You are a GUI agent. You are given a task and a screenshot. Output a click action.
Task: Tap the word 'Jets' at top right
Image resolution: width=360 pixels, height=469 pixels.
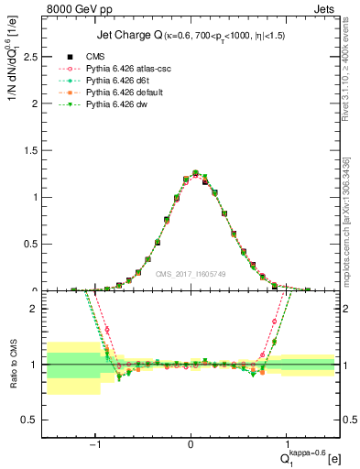(325, 11)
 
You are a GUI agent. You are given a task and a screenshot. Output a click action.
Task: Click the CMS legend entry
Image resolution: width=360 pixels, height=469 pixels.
(98, 58)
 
